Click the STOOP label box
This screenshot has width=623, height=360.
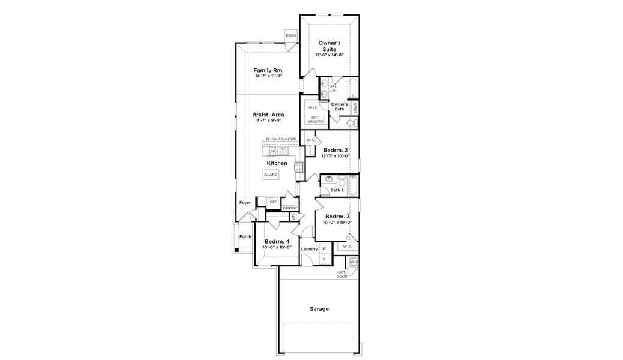coord(291,36)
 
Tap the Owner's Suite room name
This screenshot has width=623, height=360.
coord(329,46)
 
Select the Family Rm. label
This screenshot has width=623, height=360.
coord(268,70)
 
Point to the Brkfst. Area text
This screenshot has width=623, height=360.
coord(268,114)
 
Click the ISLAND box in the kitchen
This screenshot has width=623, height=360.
coord(271,175)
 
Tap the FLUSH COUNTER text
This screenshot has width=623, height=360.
coord(281,139)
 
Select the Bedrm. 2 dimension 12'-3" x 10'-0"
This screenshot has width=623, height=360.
coord(336,156)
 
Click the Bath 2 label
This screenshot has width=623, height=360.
coord(337,190)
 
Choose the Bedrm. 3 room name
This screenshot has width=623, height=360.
coord(337,216)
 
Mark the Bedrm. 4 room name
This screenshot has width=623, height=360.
coord(277,241)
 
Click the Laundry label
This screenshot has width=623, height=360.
coord(309,248)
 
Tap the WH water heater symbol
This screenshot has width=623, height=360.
coord(354,262)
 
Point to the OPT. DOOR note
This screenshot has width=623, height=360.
coord(342,274)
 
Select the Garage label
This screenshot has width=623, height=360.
coord(319,309)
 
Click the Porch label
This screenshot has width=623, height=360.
coord(245,236)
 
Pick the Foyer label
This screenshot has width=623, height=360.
coord(245,202)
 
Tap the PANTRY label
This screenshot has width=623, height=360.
coord(290,208)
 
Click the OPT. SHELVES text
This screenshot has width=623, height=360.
coord(315,119)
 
